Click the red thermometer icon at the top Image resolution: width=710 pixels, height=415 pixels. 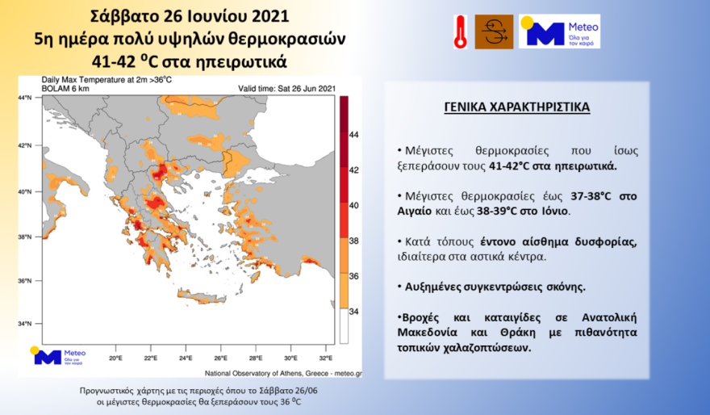460,32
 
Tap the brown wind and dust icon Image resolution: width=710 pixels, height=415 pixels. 494,32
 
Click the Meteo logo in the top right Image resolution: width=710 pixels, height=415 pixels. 559,31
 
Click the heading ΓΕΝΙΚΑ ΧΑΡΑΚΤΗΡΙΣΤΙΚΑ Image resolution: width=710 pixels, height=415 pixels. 516,107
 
